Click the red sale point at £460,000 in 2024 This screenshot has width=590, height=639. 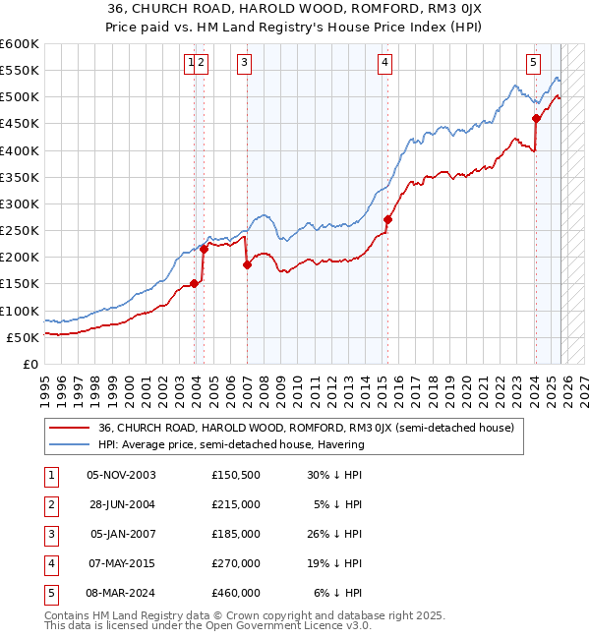pos(536,119)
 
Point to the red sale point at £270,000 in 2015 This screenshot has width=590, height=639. pos(388,220)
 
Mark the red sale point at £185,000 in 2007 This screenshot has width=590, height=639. pos(247,264)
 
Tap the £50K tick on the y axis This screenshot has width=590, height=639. pos(24,337)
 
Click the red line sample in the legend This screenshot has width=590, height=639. pos(69,429)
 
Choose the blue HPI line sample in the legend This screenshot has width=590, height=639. pos(69,444)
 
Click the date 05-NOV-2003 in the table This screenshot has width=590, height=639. pos(121,475)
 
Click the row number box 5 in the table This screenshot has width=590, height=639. pos(49,593)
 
